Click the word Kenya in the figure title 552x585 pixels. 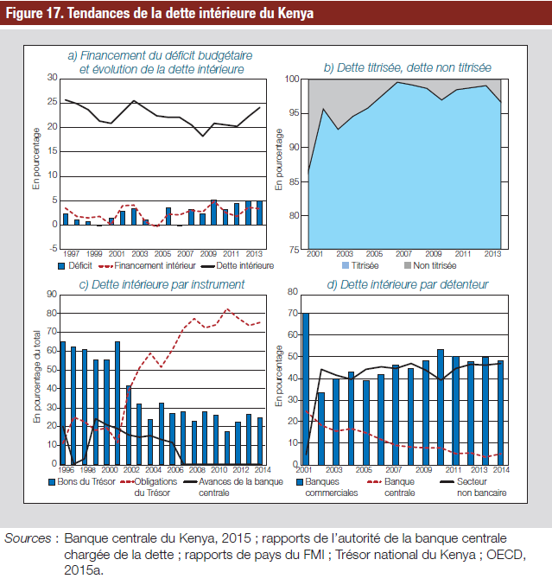pyautogui.click(x=295, y=13)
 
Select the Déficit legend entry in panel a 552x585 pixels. pyautogui.click(x=74, y=265)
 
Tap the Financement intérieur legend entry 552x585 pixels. pyautogui.click(x=147, y=265)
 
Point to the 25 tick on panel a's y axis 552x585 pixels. pyautogui.click(x=52, y=102)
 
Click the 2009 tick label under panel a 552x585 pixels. pyautogui.click(x=208, y=254)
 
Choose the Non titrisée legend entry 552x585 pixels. pyautogui.click(x=430, y=265)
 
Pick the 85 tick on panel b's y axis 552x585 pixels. pyautogui.click(x=294, y=181)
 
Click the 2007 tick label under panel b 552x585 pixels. pyautogui.click(x=403, y=254)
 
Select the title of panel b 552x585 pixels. pyautogui.click(x=407, y=67)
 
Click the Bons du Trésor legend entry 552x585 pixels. pyautogui.click(x=82, y=481)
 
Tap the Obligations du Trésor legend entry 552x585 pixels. pyautogui.click(x=149, y=487)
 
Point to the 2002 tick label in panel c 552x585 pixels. pyautogui.click(x=131, y=470)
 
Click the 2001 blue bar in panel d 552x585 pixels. pyautogui.click(x=306, y=389)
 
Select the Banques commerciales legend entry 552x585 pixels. pyautogui.click(x=327, y=487)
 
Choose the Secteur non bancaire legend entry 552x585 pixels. pyautogui.click(x=473, y=487)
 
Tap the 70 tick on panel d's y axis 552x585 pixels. pyautogui.click(x=293, y=313)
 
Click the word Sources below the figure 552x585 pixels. pyautogui.click(x=28, y=538)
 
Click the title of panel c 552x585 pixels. pyautogui.click(x=162, y=284)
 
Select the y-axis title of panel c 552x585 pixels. pyautogui.click(x=37, y=377)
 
